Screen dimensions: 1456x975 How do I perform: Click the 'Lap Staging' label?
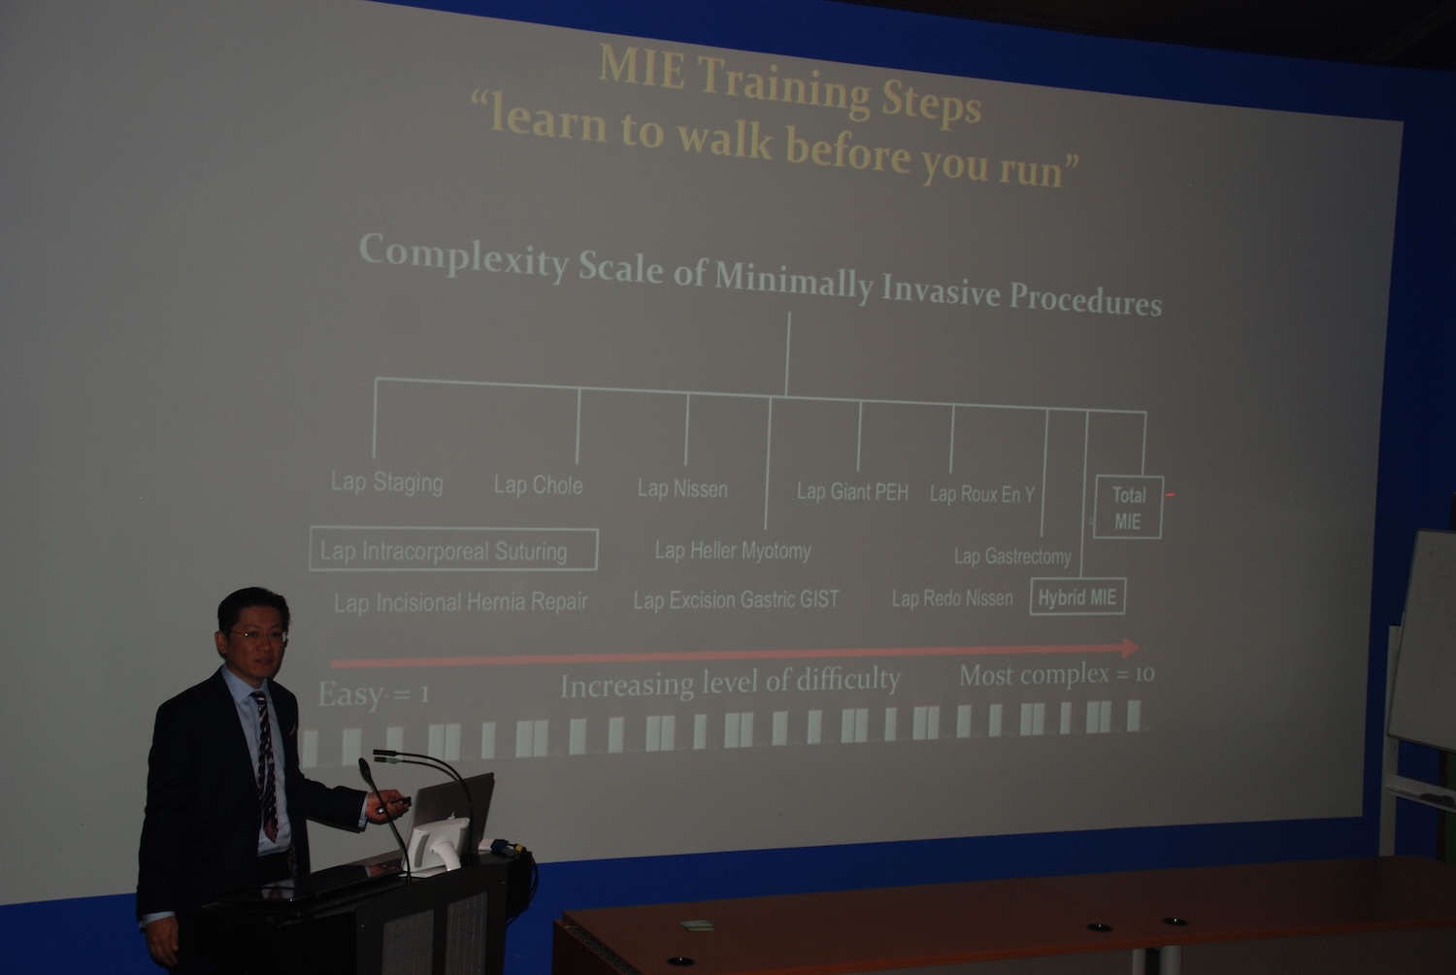tap(386, 483)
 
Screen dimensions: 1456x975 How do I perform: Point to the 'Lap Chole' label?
tap(538, 486)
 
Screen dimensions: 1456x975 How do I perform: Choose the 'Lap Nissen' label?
tap(682, 488)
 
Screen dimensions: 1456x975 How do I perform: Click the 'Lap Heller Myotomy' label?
tap(733, 552)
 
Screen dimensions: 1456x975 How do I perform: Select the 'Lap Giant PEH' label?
tap(853, 491)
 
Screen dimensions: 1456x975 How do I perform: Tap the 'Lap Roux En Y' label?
tap(981, 494)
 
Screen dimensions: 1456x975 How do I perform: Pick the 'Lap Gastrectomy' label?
tap(1012, 556)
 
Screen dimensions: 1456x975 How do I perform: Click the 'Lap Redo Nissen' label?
tap(952, 598)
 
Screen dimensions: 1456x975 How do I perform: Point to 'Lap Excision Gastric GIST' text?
tap(737, 600)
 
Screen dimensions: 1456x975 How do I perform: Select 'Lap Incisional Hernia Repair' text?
tap(461, 602)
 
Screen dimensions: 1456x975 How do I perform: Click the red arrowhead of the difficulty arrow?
tap(1131, 648)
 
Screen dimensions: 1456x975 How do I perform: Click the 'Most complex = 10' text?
tap(1057, 675)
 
